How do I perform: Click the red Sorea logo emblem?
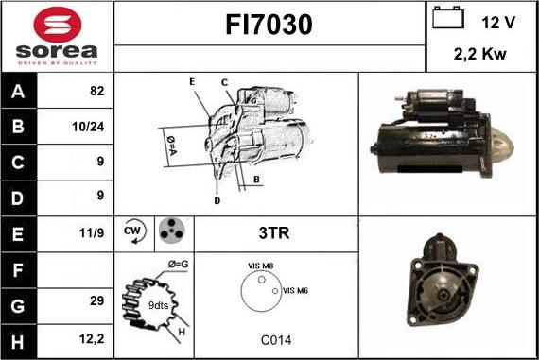pos(58,25)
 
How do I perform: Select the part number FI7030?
pos(269,25)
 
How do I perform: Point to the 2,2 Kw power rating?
pos(479,54)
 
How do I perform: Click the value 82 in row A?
pos(96,91)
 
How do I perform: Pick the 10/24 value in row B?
pos(88,127)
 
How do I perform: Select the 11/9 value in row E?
pos(91,232)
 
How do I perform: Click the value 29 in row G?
pos(96,300)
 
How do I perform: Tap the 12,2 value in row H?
pos(92,339)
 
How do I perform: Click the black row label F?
pos(18,270)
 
